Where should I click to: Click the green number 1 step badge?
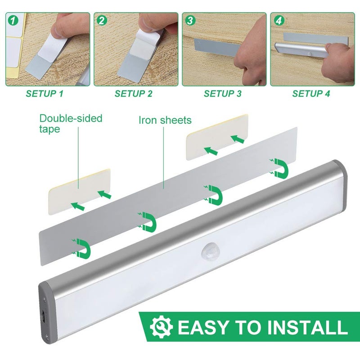(x=13, y=20)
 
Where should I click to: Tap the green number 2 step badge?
(x=102, y=20)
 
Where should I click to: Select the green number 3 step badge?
(x=190, y=20)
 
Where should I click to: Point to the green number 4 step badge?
(x=279, y=20)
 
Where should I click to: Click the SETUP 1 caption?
(x=45, y=94)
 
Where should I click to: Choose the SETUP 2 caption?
(x=134, y=94)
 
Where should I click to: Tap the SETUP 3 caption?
(x=223, y=94)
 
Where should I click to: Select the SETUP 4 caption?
(x=311, y=94)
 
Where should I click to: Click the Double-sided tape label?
(x=71, y=123)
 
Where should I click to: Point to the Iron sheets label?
(x=165, y=120)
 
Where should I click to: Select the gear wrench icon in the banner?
(x=161, y=327)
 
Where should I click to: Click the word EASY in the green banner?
(x=201, y=328)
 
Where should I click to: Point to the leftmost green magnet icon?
(x=81, y=247)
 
